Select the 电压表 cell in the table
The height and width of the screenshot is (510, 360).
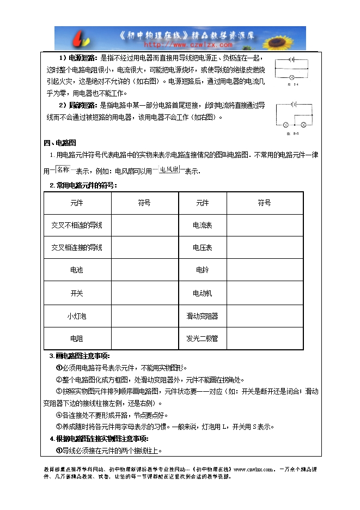click(203, 247)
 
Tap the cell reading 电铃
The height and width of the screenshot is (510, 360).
click(203, 270)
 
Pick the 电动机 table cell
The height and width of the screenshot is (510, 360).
click(203, 293)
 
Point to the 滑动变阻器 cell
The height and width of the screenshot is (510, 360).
click(203, 316)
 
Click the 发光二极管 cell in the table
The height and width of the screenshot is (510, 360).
click(203, 338)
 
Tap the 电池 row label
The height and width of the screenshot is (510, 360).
click(77, 270)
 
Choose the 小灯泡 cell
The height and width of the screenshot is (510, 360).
click(77, 316)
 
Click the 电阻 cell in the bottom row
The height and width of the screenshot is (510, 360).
click(77, 338)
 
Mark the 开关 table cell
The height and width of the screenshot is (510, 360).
click(77, 293)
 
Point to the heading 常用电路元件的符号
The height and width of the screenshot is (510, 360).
click(86, 185)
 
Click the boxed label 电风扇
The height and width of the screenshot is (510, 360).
click(169, 170)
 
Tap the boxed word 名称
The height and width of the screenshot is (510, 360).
click(64, 170)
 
